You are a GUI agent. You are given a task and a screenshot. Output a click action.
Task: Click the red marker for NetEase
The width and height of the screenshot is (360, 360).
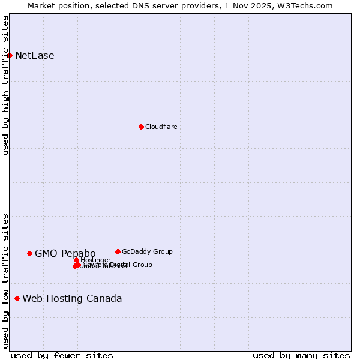click(10, 56)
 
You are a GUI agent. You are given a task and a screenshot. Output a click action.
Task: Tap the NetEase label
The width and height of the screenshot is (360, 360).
click(34, 56)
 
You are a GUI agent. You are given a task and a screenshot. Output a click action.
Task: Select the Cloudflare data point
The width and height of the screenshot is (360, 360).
click(141, 127)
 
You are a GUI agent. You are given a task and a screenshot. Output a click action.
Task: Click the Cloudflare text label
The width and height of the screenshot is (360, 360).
click(161, 127)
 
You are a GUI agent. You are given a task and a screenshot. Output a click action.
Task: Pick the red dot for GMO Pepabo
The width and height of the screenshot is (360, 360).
click(29, 253)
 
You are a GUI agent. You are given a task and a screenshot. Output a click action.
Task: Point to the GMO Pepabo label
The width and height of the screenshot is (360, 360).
click(65, 253)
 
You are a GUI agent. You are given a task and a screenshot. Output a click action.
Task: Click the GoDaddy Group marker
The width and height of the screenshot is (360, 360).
click(118, 251)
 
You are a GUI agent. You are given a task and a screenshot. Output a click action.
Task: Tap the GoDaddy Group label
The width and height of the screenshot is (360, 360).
click(147, 251)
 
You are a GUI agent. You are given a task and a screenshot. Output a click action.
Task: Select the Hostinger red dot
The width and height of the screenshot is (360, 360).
click(77, 260)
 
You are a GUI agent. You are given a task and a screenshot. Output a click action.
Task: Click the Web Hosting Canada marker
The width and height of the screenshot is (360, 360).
click(17, 298)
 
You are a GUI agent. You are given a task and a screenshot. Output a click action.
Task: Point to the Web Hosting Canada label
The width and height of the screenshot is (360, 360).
click(72, 298)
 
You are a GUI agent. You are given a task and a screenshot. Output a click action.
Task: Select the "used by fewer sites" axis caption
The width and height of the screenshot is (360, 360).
click(62, 355)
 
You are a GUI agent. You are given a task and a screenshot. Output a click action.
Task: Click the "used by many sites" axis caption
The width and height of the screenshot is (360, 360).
click(301, 355)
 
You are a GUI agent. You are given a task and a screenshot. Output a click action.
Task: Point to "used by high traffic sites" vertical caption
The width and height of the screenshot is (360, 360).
click(5, 85)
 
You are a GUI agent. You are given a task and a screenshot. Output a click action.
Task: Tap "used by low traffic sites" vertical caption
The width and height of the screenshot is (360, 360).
click(5, 281)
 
